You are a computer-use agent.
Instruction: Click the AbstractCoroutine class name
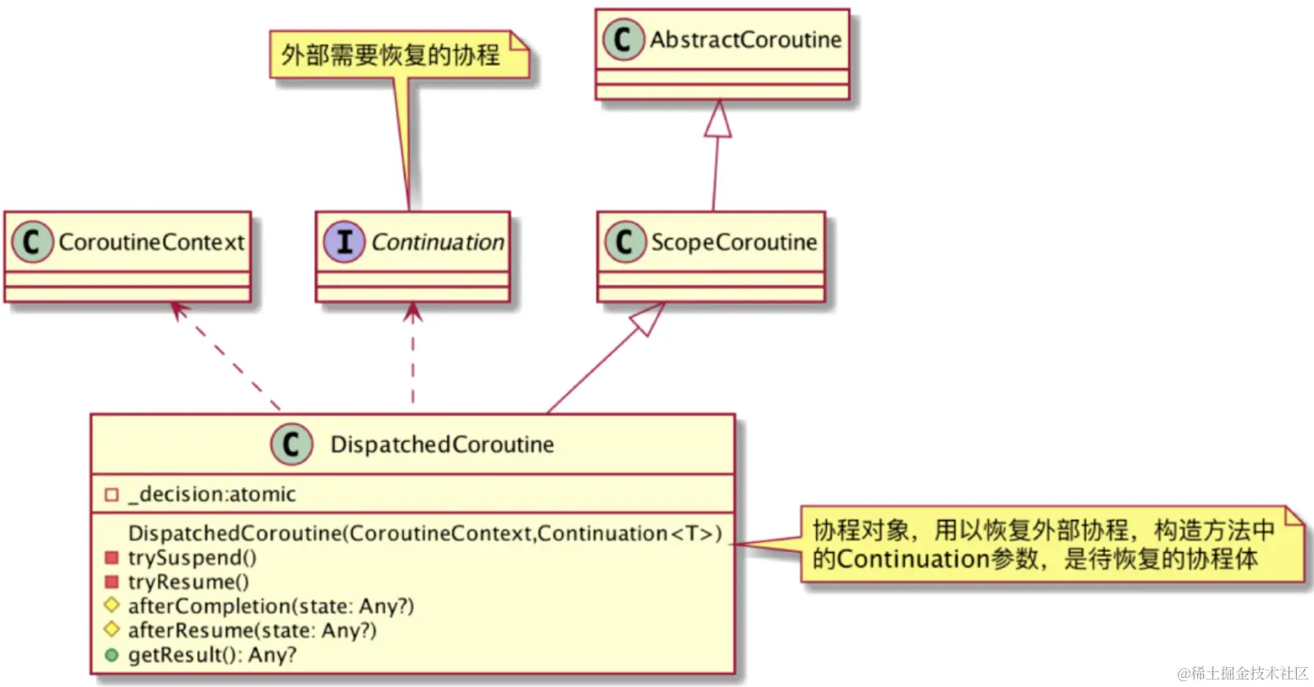pyautogui.click(x=745, y=39)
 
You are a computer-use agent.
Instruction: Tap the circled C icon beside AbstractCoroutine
pyautogui.click(x=623, y=39)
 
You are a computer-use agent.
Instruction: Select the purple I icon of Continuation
pyautogui.click(x=344, y=242)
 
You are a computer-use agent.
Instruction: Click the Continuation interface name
pyautogui.click(x=437, y=242)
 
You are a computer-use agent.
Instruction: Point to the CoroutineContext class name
pyautogui.click(x=151, y=242)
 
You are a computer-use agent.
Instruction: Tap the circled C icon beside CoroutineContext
pyautogui.click(x=32, y=242)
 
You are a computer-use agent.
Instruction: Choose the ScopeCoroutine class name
pyautogui.click(x=734, y=242)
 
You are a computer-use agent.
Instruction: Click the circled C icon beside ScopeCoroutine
pyautogui.click(x=624, y=242)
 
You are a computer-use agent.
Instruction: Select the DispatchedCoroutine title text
pyautogui.click(x=442, y=444)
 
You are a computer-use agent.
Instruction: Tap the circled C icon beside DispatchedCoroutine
pyautogui.click(x=291, y=444)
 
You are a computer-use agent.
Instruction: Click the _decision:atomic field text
pyautogui.click(x=212, y=494)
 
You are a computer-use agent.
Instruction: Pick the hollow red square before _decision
pyautogui.click(x=112, y=494)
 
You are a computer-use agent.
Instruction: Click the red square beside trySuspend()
pyautogui.click(x=112, y=558)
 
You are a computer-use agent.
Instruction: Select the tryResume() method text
pyautogui.click(x=188, y=582)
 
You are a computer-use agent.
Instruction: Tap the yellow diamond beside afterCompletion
pyautogui.click(x=112, y=606)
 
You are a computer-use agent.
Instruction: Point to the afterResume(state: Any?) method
pyautogui.click(x=252, y=630)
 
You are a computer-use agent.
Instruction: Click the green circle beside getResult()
pyautogui.click(x=112, y=655)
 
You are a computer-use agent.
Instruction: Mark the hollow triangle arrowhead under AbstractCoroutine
pyautogui.click(x=718, y=118)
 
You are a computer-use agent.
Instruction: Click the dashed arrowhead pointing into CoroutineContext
pyautogui.click(x=177, y=309)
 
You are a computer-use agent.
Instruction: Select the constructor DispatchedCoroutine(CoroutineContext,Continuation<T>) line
pyautogui.click(x=425, y=533)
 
